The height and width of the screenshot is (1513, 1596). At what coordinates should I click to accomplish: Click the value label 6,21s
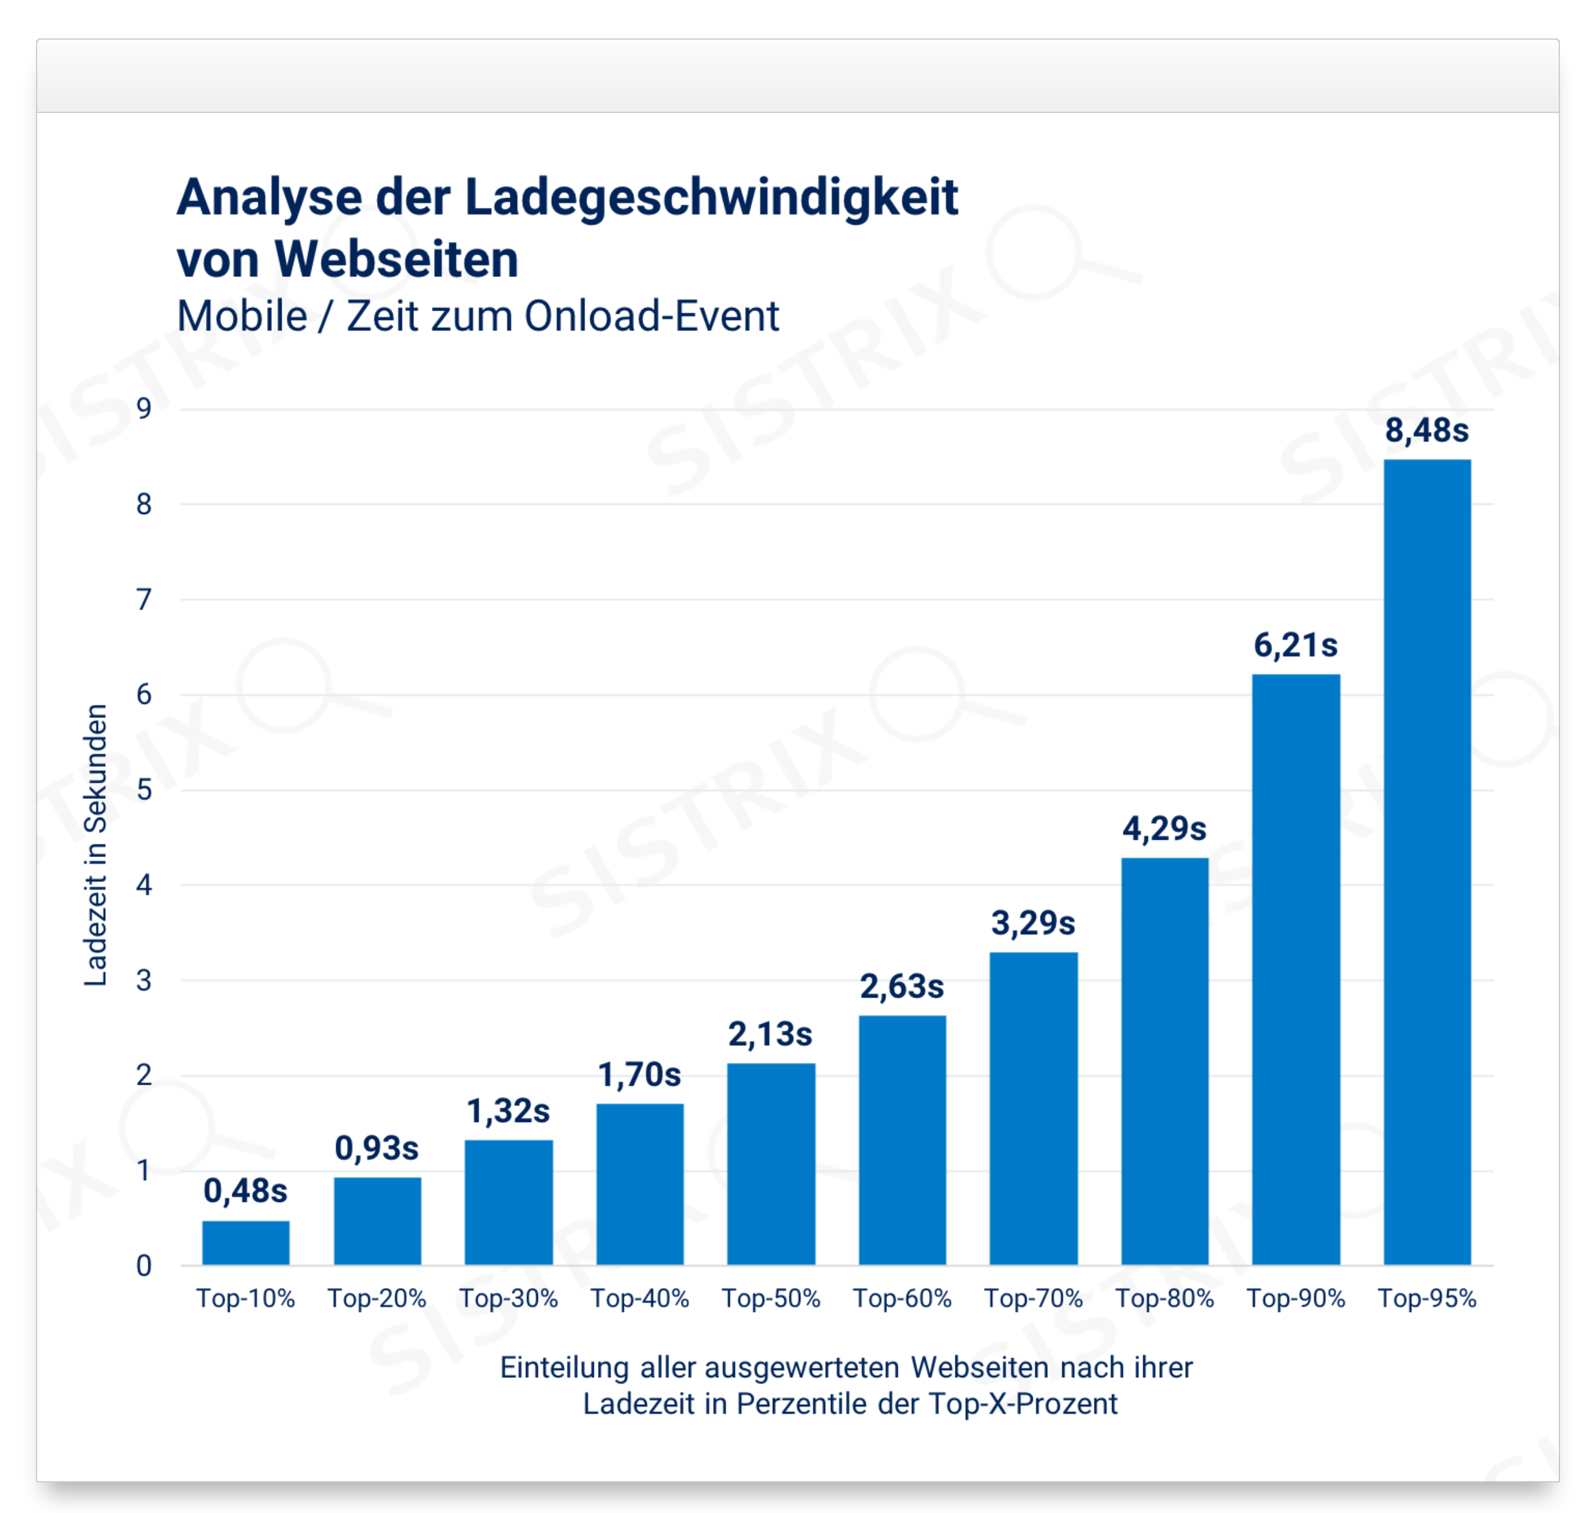1295,646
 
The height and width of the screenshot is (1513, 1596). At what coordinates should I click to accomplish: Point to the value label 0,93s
376,1148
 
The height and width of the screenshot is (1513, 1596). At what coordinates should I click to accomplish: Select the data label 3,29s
1033,923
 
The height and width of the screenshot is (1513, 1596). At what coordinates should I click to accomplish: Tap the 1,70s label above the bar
639,1075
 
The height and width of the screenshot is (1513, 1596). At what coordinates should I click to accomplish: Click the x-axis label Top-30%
508,1299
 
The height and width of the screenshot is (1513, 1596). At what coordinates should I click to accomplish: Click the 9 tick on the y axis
144,409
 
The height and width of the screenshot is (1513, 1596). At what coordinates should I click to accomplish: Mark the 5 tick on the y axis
144,790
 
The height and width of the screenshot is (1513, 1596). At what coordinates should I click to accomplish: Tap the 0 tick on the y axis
144,1266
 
